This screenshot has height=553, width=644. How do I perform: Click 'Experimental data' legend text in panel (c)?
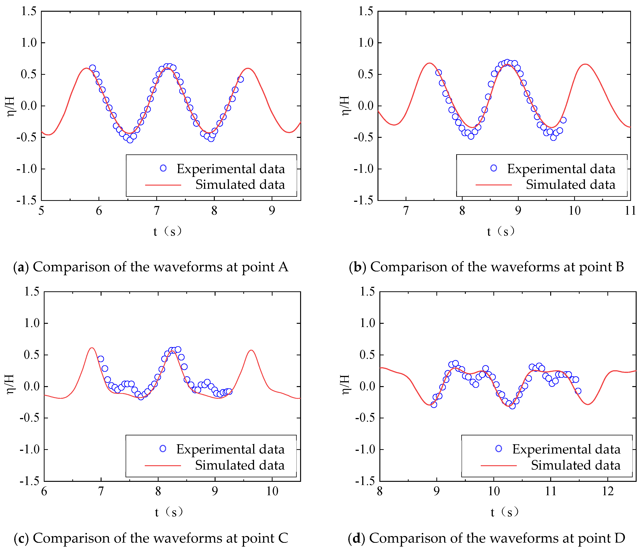(230, 449)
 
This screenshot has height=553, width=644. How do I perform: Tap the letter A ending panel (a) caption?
(283, 267)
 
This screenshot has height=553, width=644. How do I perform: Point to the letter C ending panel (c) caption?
(283, 538)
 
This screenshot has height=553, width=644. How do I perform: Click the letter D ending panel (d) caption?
(619, 538)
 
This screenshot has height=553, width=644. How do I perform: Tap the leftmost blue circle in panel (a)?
(92, 68)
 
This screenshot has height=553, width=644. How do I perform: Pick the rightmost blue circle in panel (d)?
(578, 391)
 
